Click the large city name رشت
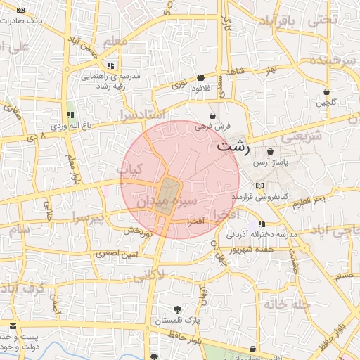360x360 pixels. [232, 148]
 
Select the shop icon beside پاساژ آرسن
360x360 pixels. [271, 152]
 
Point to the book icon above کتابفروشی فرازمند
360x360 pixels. [261, 185]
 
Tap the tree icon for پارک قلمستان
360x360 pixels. [176, 309]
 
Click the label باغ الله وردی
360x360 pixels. [67, 127]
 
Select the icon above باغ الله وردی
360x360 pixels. [70, 115]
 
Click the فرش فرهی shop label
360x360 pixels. [212, 127]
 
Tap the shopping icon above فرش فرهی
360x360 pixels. [212, 115]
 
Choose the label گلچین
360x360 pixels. [326, 103]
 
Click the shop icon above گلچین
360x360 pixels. [326, 92]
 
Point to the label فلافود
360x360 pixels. [200, 87]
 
